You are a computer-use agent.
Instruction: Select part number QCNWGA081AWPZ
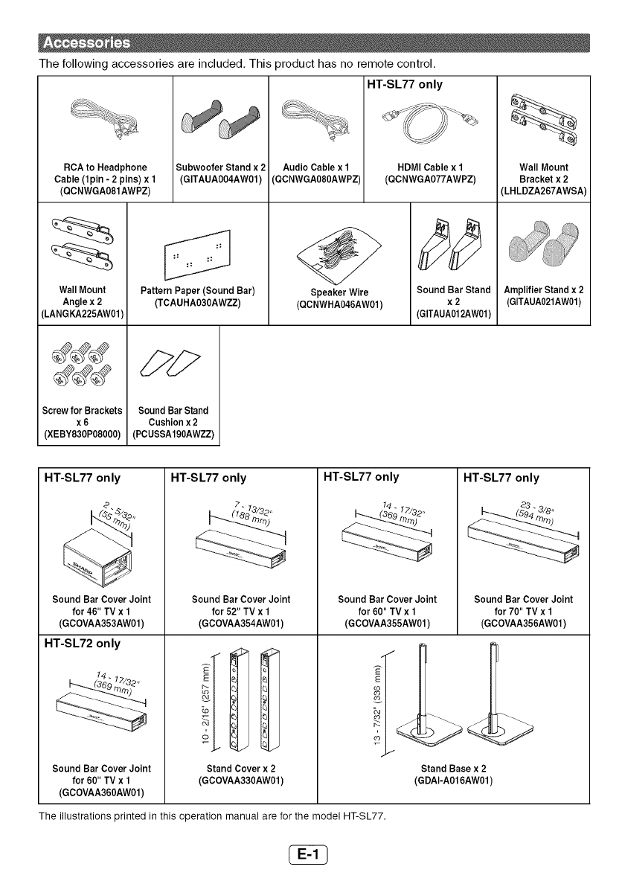[x=104, y=191]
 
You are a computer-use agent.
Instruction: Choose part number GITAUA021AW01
[x=544, y=301]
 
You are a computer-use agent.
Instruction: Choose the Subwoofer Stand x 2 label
[x=219, y=167]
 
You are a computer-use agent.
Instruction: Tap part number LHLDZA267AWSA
[x=544, y=191]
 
